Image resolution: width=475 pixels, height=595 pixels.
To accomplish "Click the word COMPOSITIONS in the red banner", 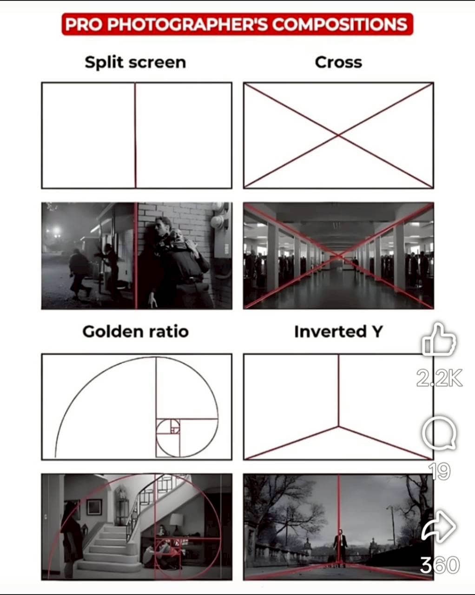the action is (x=340, y=24).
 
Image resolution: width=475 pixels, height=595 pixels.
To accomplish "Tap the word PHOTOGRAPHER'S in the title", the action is (x=187, y=24).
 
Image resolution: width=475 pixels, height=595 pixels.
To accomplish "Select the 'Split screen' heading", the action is (x=135, y=62).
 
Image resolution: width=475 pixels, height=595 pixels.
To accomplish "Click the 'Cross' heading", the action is (x=338, y=62).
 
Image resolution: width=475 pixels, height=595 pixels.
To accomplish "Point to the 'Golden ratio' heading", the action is (x=135, y=332).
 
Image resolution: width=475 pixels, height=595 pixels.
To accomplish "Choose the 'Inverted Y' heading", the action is (x=338, y=331).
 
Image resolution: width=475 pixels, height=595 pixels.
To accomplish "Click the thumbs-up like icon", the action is (x=439, y=339).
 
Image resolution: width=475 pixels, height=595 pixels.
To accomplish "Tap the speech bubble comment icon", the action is (x=439, y=433).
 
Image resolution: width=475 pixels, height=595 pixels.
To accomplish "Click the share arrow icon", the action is (x=439, y=526).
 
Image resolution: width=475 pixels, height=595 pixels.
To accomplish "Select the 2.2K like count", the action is (x=439, y=378).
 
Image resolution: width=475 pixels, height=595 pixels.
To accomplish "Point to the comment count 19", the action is (x=439, y=471).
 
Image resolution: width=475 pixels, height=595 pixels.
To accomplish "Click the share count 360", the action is (x=440, y=565).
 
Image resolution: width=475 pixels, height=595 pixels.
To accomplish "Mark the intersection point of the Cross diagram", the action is (x=338, y=135).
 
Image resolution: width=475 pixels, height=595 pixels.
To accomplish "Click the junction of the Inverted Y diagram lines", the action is (x=338, y=427).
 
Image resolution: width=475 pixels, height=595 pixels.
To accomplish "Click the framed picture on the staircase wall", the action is (x=94, y=507).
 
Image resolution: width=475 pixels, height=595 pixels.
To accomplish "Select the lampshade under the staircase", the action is (x=177, y=520).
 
